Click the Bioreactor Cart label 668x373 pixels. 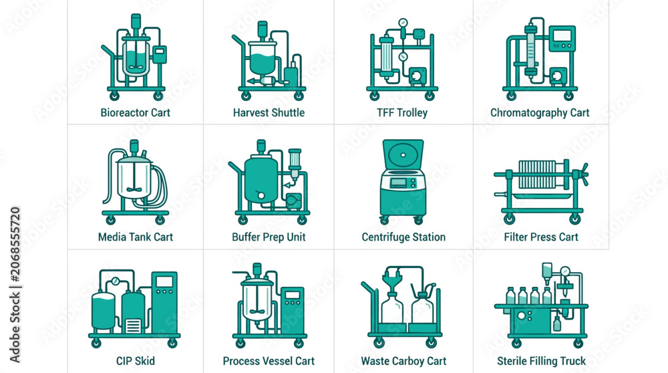135,112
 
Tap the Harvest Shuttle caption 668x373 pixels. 269,112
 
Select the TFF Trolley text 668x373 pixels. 402,112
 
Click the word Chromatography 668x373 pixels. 528,113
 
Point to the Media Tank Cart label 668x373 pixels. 136,237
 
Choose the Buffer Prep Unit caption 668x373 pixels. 269,237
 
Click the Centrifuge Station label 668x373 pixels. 403,237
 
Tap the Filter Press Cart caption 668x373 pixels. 541,237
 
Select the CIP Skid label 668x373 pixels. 136,361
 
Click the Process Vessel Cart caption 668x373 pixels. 269,361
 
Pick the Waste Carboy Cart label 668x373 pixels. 403,361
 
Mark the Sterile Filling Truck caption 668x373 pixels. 541,361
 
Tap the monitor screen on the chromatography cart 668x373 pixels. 562,35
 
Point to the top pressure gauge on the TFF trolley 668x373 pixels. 403,23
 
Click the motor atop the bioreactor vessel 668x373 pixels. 136,21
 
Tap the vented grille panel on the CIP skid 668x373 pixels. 133,326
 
